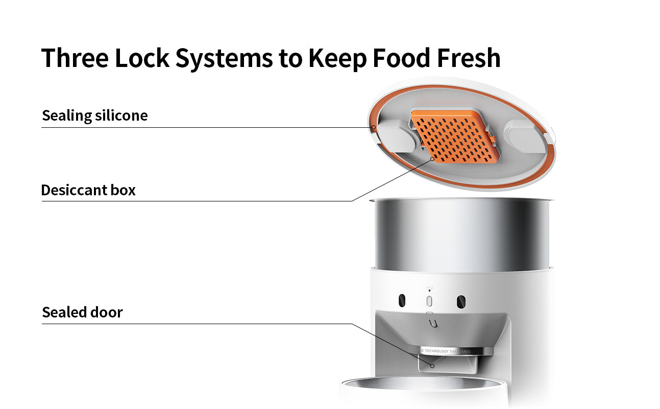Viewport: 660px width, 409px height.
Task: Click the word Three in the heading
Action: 75,57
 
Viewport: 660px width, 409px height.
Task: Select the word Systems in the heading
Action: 224,57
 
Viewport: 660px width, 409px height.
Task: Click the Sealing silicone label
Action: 95,116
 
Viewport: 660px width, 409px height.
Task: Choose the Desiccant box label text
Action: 88,190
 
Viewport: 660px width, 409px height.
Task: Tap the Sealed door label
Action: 82,312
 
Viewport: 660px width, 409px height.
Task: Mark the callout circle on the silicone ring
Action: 373,127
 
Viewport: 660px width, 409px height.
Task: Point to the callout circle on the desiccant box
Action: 432,159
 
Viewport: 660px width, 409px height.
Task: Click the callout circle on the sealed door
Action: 432,365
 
